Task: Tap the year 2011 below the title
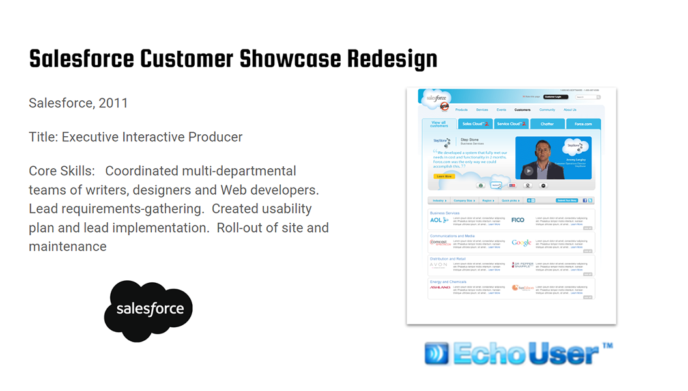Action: pos(113,103)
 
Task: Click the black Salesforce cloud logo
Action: pos(149,310)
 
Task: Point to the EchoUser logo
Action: pos(518,353)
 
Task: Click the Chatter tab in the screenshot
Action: pos(547,124)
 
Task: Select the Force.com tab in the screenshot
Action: pos(582,124)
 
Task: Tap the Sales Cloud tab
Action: pos(474,124)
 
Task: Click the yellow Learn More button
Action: pos(444,176)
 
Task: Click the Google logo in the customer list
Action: pos(521,243)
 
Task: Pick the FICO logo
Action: pos(518,220)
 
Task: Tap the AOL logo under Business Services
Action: pos(438,220)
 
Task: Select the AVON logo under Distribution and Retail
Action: pos(438,265)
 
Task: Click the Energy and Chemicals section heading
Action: pos(448,282)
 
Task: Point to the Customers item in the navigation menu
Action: pos(522,110)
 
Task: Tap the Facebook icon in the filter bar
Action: pos(584,201)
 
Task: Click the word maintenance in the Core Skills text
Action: pos(68,246)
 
